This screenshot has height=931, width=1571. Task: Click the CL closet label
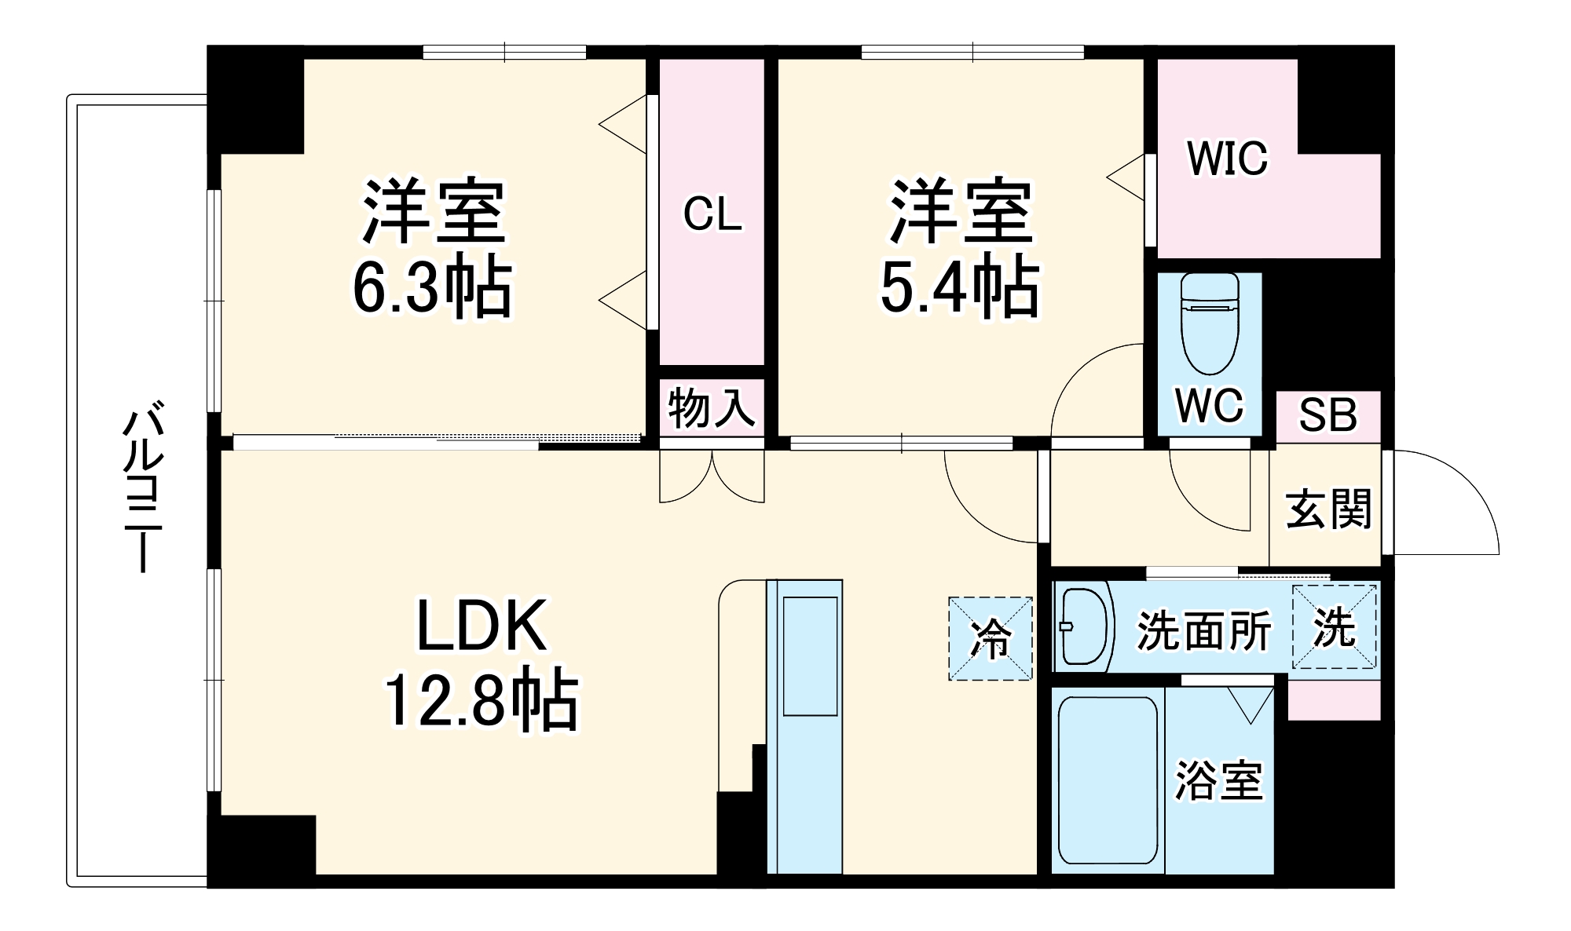[x=712, y=214]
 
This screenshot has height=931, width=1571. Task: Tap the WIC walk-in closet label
[x=1227, y=159]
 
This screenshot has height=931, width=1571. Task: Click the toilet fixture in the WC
[x=1210, y=323]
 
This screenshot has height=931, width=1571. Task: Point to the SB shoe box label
[x=1327, y=415]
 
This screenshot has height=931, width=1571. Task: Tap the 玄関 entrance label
[x=1327, y=509]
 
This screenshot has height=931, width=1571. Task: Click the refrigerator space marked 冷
[x=991, y=638]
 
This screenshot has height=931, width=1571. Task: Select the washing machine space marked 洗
[x=1335, y=628]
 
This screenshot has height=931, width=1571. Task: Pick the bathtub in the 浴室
[x=1108, y=780]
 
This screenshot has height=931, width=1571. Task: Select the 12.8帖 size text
[x=480, y=700]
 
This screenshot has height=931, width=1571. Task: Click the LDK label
[x=481, y=626]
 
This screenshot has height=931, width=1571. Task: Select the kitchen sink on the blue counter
[x=811, y=655]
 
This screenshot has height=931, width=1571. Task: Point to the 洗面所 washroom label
[x=1203, y=630]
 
